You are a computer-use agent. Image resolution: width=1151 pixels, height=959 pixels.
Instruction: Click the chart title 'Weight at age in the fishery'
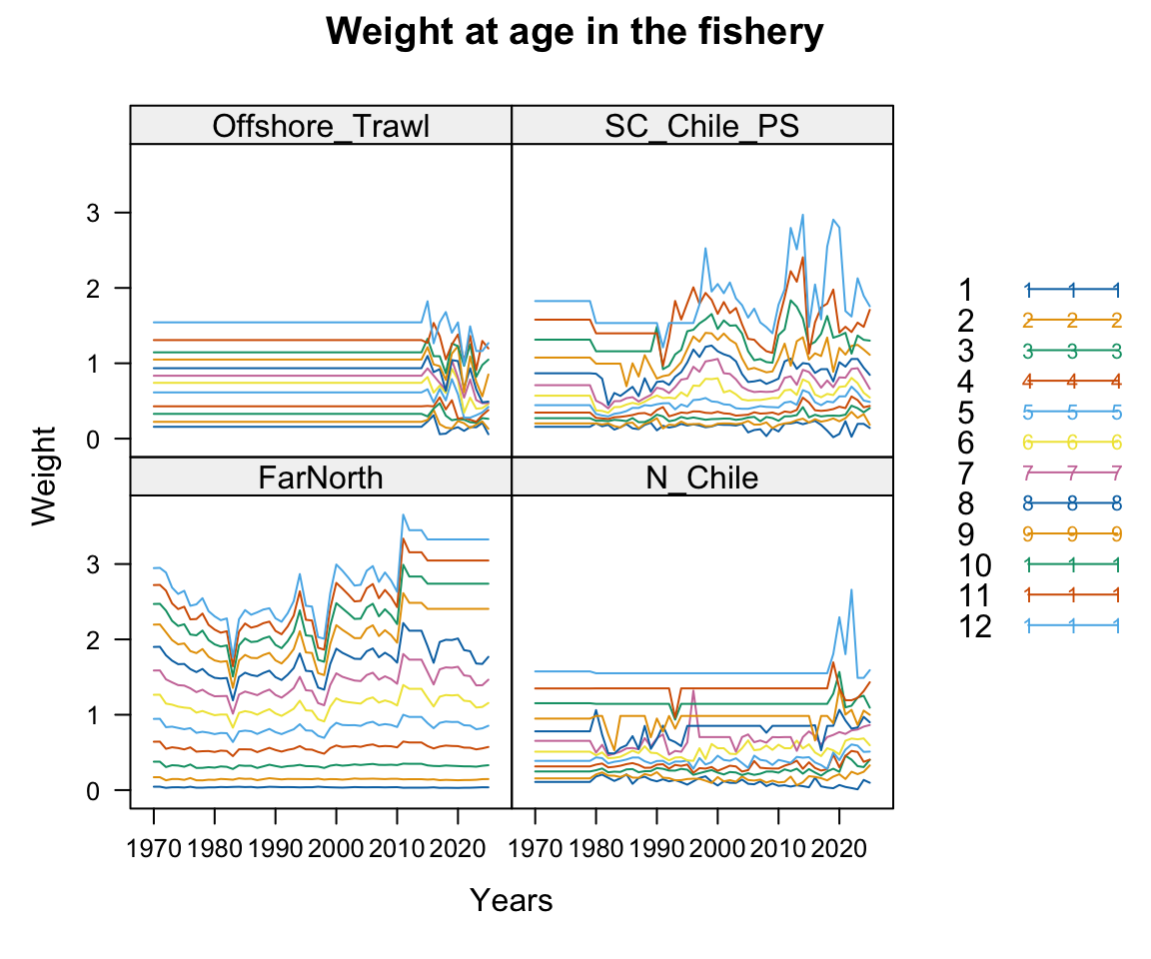pos(575,33)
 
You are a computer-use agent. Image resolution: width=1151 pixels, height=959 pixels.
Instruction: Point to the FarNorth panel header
pos(321,478)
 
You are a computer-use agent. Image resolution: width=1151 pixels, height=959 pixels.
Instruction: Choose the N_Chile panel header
pos(701,478)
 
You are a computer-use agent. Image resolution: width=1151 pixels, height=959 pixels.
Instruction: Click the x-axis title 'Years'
pos(511,901)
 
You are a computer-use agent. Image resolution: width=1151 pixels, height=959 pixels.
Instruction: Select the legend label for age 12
pos(974,626)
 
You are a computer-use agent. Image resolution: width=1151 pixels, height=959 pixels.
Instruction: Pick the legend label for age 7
pos(965,473)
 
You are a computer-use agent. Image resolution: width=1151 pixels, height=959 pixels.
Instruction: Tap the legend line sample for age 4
pos(1071,381)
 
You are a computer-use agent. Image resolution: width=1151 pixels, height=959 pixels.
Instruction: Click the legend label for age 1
pos(965,290)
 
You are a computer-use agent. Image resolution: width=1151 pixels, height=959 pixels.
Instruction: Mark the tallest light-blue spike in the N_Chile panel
pos(851,589)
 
